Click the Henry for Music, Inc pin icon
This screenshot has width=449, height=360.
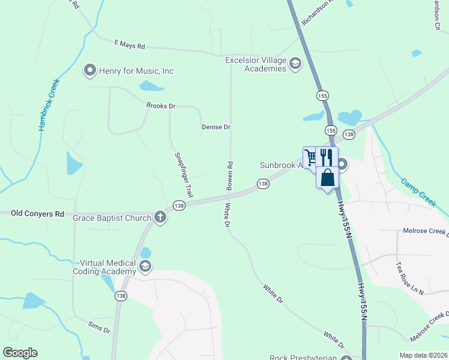coord(90,71)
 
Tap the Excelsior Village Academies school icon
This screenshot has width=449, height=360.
coord(295,64)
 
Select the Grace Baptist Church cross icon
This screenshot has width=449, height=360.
coord(160,217)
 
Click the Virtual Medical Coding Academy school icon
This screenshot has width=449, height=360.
coord(145,266)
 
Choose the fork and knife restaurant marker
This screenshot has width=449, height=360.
coord(327,157)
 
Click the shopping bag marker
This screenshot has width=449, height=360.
coord(327,178)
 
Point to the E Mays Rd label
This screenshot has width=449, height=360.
coord(129,45)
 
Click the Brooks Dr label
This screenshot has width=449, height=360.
coord(160,106)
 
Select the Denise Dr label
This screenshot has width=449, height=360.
coord(216,127)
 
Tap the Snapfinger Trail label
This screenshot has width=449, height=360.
coord(184,175)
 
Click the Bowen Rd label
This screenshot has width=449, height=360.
coord(229,176)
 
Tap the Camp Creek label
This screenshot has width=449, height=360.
coord(418,193)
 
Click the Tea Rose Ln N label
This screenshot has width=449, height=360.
coord(410,278)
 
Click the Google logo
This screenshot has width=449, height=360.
coord(20,353)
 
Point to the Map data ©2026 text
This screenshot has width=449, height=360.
coord(423,355)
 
